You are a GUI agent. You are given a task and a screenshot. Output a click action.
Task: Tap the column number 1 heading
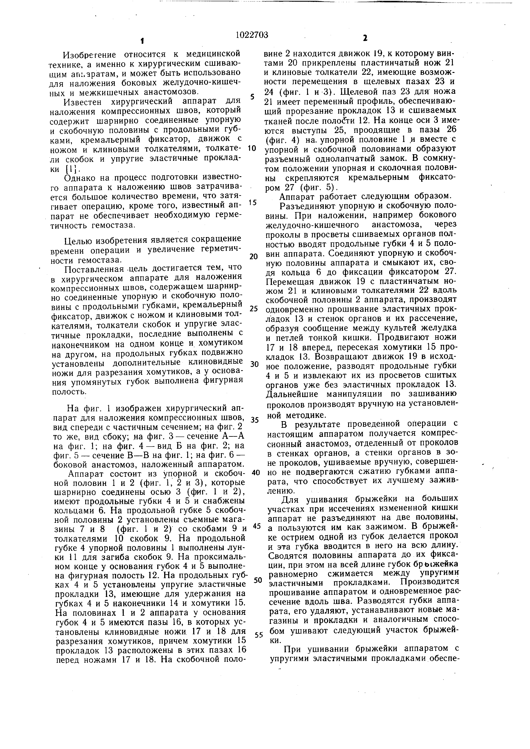(x=142, y=41)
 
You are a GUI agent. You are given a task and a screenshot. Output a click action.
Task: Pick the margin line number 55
(x=258, y=635)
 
